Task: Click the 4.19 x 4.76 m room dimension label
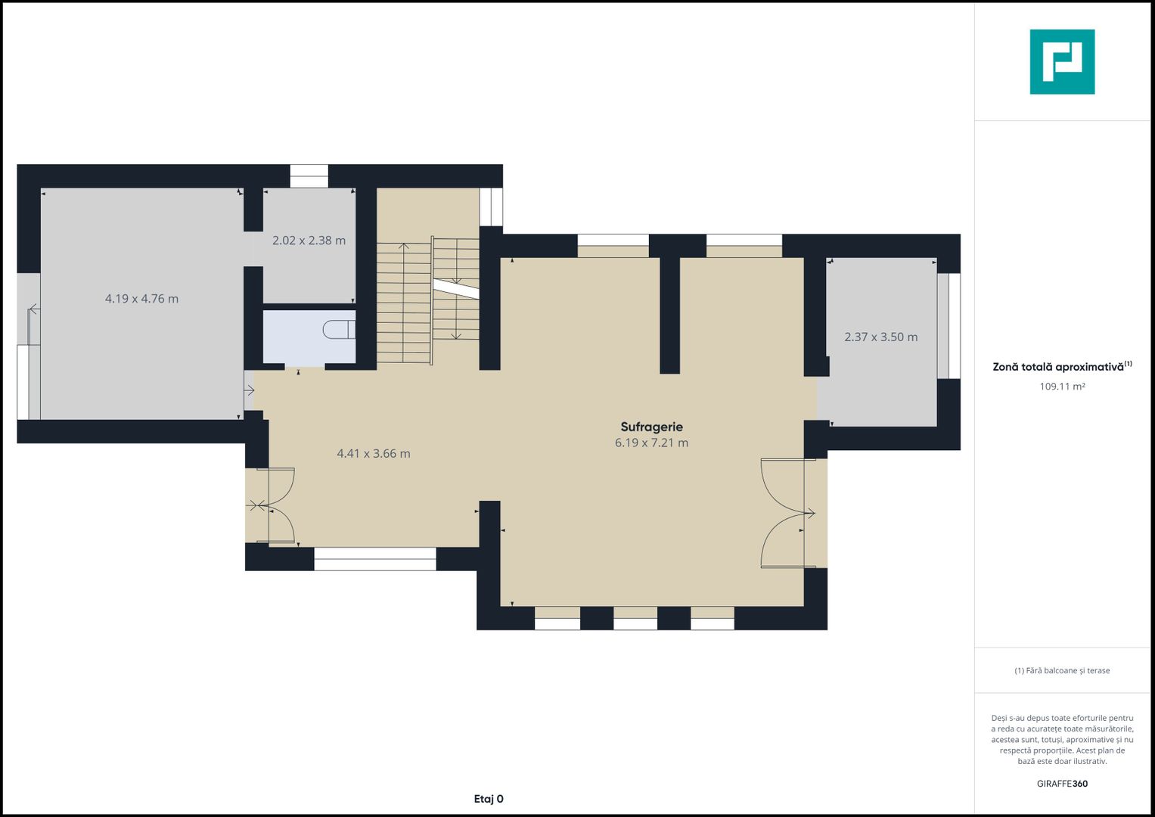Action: (x=141, y=299)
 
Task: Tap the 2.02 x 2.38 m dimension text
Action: (x=309, y=241)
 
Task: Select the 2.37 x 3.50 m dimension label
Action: (x=880, y=337)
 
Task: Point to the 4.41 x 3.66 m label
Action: (x=374, y=453)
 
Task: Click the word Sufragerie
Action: (x=652, y=427)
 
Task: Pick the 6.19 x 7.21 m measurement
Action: (x=651, y=443)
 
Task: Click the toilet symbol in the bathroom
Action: (x=339, y=330)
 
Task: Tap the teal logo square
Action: (x=1062, y=62)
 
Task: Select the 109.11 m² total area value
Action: (x=1062, y=387)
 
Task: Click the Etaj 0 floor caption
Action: (x=489, y=799)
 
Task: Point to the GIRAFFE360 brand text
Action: (x=1062, y=784)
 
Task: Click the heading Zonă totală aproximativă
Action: (x=1058, y=367)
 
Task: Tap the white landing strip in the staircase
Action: (x=456, y=288)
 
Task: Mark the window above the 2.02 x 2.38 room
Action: (x=309, y=176)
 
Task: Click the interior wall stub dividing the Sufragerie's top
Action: (x=670, y=315)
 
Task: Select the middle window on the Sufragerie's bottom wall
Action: (x=635, y=618)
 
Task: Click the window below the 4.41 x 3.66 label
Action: (x=375, y=559)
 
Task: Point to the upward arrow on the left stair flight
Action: (x=404, y=302)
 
